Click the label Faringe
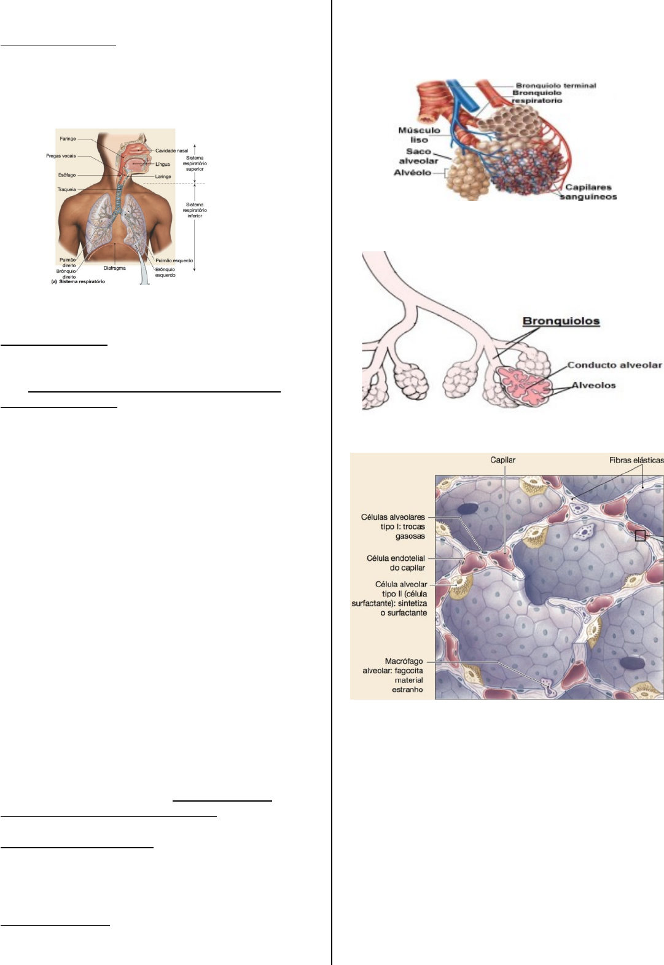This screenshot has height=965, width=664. coord(68,139)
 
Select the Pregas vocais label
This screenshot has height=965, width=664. coord(61,156)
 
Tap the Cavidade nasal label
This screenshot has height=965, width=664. coord(171,150)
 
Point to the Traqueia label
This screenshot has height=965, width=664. coord(66,189)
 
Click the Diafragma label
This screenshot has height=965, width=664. coord(115,268)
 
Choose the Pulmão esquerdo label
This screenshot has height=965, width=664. coord(174,260)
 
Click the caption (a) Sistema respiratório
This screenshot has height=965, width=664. coord(78,282)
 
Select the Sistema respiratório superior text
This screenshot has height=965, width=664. coord(195,163)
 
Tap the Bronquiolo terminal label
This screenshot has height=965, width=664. coord(556,85)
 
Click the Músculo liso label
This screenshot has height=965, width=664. coord(419,135)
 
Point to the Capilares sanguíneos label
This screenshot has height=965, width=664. coord(588,192)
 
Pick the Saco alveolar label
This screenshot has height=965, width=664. coord(418,156)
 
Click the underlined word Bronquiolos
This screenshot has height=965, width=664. coord(561,321)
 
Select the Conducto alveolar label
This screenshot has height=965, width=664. coord(614,365)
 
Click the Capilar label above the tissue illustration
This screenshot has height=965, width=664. coord(502,460)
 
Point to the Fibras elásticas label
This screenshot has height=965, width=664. coord(636,460)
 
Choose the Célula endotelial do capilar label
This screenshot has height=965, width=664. coord(396,563)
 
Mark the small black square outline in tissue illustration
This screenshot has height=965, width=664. coord(640,536)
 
